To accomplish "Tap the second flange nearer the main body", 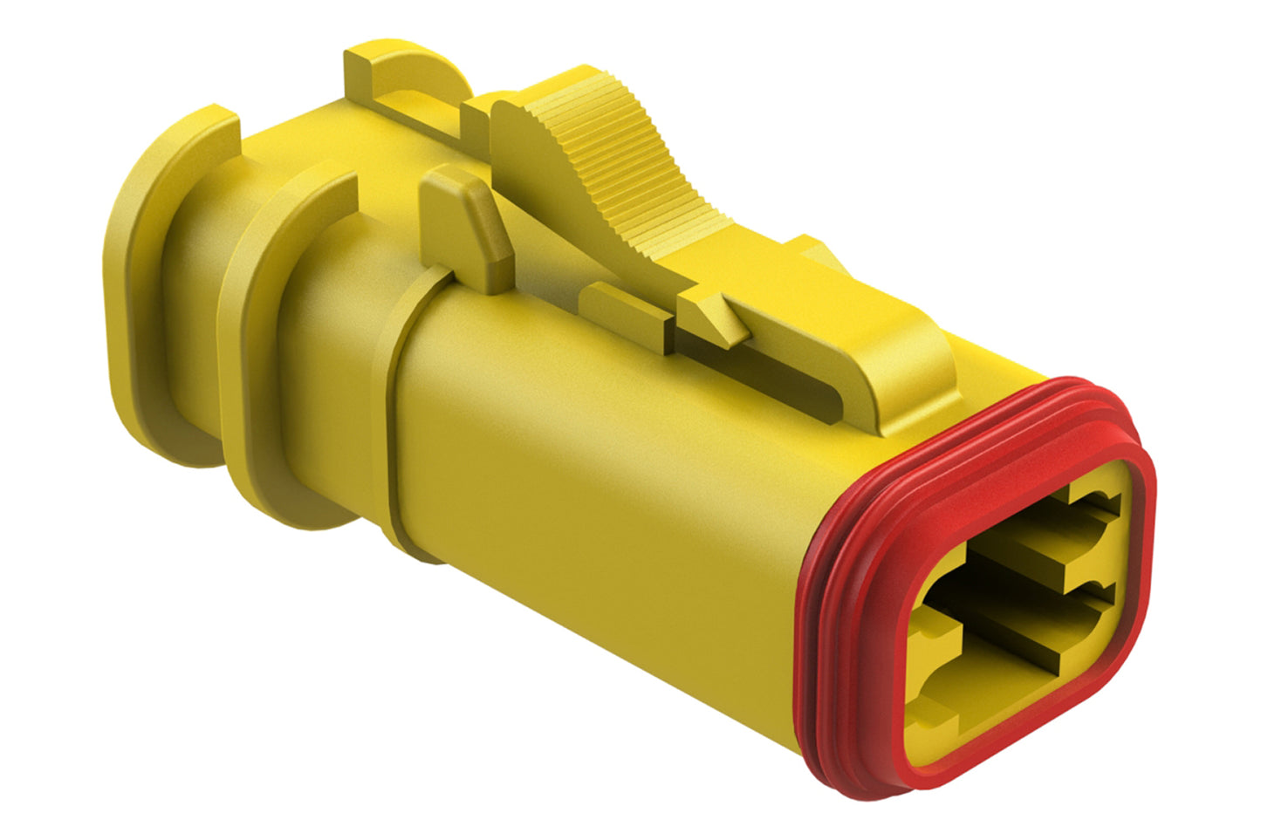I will [x=262, y=349].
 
